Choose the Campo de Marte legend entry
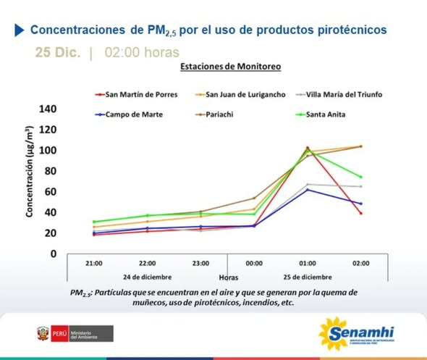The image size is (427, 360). [133, 114]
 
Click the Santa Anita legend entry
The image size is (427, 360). [321, 114]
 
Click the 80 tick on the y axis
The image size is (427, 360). [49, 171]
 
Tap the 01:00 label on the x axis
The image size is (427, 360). [307, 263]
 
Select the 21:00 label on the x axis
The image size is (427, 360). [93, 263]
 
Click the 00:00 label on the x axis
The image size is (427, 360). [254, 263]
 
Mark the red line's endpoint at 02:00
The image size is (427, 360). [360, 213]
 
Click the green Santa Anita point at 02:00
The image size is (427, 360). [360, 177]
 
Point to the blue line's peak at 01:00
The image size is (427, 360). [307, 190]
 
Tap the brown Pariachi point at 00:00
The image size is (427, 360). [254, 198]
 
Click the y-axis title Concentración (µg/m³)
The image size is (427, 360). [29, 171]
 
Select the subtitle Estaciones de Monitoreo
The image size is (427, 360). [230, 67]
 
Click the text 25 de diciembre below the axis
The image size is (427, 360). [307, 277]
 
